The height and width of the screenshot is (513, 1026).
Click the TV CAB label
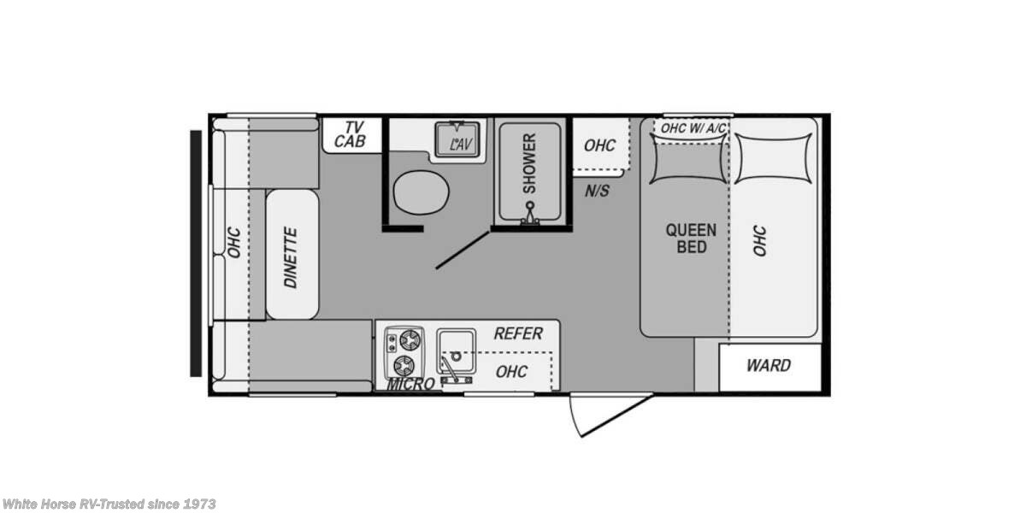point(350,135)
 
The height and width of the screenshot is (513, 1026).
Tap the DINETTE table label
point(291,256)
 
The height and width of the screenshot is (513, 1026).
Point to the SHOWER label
point(529,162)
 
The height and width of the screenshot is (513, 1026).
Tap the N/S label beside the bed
point(598,190)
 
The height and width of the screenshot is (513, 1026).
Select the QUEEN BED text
point(691,238)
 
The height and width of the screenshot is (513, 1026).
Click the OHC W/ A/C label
point(693,127)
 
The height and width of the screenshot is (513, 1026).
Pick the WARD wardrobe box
point(769,366)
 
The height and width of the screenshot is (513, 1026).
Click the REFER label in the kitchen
point(517,333)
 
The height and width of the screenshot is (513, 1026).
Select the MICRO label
point(410,385)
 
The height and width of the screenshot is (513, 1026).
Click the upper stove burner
point(410,339)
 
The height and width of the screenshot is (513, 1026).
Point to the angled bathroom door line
point(463,249)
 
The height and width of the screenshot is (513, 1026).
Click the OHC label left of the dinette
point(233,242)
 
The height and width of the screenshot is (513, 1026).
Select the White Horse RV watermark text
point(109,504)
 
